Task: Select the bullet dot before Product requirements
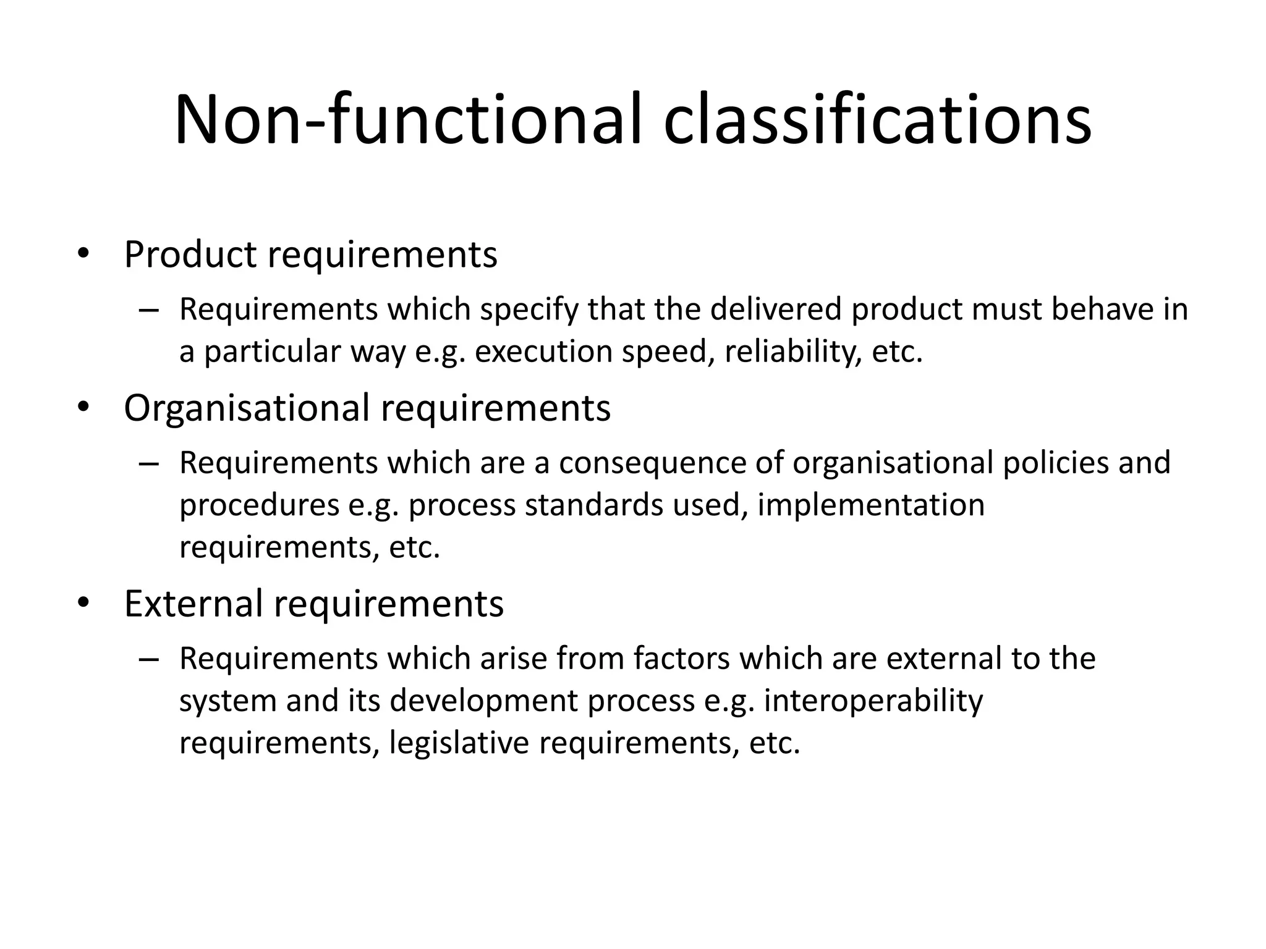pos(83,255)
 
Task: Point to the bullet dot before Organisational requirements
pos(83,408)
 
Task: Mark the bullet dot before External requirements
pos(83,604)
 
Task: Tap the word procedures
pos(260,505)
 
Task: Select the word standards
pos(593,505)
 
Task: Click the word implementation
pos(870,505)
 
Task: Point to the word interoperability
pos(873,701)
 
